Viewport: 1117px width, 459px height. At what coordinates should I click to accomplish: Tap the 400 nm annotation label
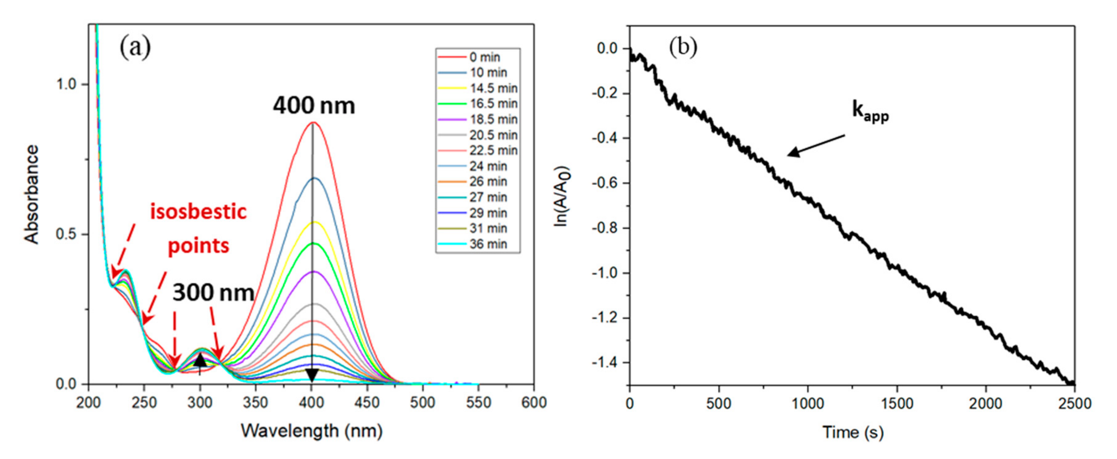tap(314, 106)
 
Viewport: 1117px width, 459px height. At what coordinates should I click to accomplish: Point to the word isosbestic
tap(198, 212)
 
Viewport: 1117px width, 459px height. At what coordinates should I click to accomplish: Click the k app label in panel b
tap(870, 111)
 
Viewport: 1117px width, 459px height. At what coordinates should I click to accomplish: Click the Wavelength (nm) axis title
tap(311, 431)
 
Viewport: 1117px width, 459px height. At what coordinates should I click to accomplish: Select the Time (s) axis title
tap(852, 432)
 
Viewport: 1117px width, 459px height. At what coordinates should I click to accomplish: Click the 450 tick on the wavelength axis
tap(367, 403)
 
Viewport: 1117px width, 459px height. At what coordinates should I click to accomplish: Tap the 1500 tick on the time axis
tap(897, 404)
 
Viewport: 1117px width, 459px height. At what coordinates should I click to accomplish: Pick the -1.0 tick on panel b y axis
tap(605, 273)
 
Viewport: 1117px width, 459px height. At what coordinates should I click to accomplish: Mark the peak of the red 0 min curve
tap(312, 123)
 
